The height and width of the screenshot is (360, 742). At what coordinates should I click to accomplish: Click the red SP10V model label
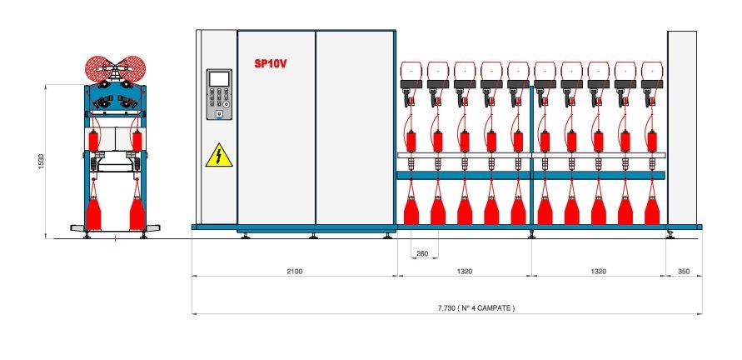pos(271,63)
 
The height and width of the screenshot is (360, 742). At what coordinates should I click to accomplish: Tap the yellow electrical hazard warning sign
pos(218,154)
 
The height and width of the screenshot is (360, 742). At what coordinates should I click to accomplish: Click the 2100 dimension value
pos(294,272)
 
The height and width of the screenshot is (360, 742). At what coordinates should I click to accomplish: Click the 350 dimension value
pos(684,272)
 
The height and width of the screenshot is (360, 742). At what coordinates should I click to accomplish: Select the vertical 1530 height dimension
pos(40,161)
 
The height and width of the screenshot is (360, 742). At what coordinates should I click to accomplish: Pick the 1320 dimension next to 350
pos(598,272)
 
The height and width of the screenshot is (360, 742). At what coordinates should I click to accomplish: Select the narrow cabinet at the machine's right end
pos(682,129)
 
